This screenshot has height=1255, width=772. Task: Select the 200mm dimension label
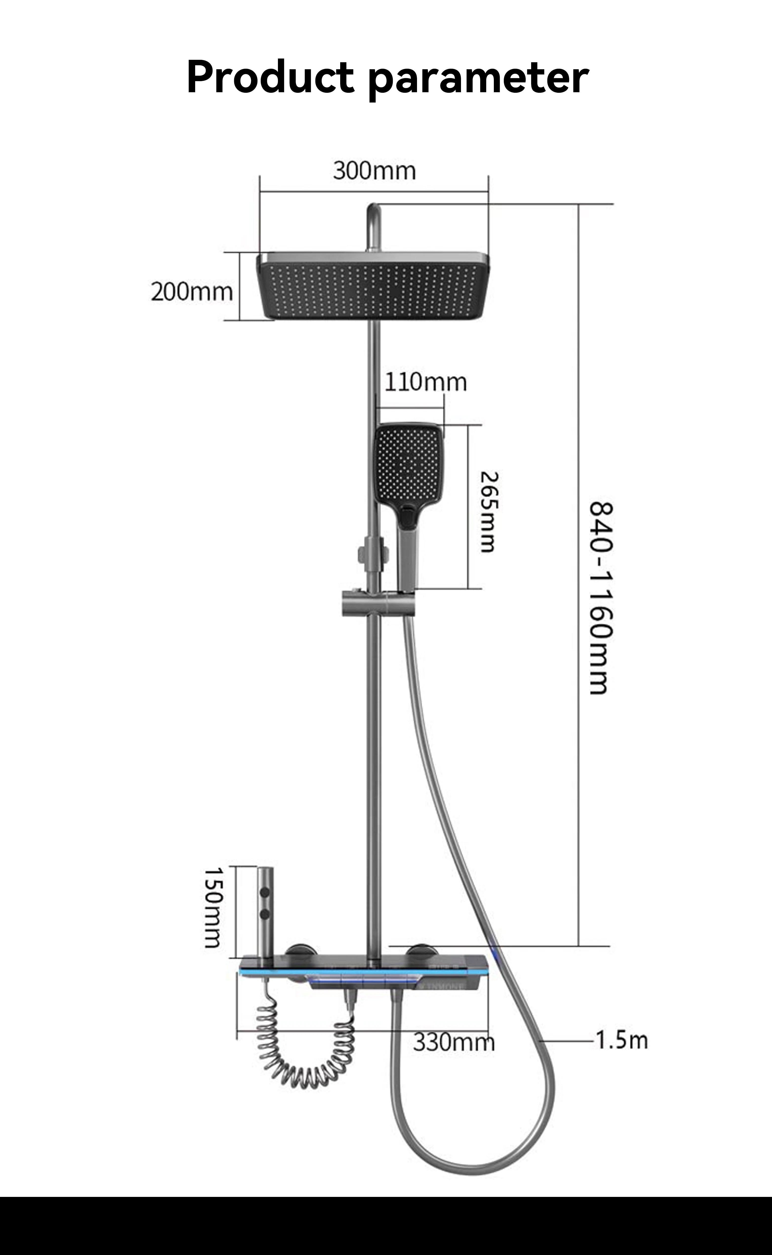tap(191, 292)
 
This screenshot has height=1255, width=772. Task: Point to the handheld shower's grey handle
tap(407, 560)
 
